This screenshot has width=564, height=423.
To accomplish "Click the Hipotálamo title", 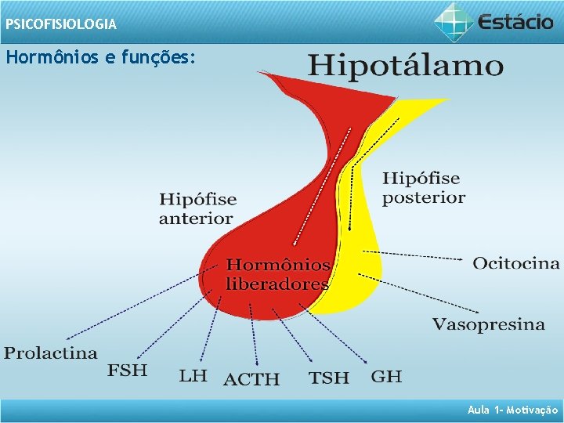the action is (x=405, y=65).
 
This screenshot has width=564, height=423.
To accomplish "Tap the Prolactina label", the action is (x=51, y=353).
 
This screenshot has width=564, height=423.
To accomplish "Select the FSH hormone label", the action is (x=127, y=370).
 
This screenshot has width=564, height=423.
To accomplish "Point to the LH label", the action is (x=193, y=376).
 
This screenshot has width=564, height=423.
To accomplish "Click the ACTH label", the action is (x=251, y=380).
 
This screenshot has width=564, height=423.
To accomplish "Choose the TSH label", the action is (x=329, y=378).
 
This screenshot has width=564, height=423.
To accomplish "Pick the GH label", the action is (x=386, y=376).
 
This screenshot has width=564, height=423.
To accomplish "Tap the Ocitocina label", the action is (x=515, y=263).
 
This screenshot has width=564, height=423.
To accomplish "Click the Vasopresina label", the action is (x=489, y=324).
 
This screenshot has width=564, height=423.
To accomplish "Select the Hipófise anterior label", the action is (x=197, y=209).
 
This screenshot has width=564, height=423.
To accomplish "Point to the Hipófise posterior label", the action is (x=423, y=189).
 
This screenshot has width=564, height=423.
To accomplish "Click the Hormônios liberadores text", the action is (x=277, y=274).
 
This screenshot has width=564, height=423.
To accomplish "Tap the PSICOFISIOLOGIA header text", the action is (x=60, y=24).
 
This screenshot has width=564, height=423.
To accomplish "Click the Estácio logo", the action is (x=494, y=21).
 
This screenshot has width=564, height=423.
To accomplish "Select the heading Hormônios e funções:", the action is (x=99, y=58).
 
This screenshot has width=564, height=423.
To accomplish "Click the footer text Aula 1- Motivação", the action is (x=512, y=410).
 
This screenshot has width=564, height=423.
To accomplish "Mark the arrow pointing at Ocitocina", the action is (x=423, y=255).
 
